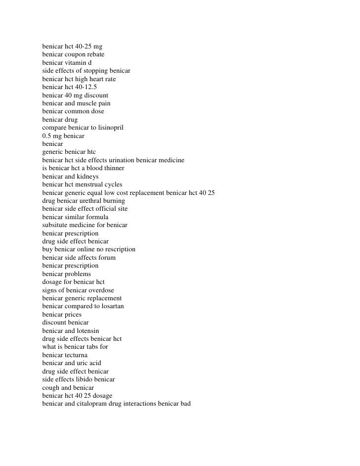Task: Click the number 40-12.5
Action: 86,87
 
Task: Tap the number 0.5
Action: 47,136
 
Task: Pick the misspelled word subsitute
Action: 56,225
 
